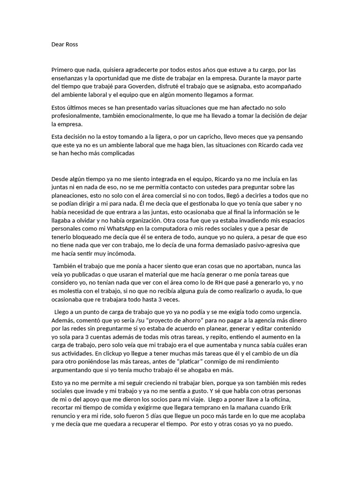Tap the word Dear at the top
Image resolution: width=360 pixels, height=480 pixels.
[x=58, y=45]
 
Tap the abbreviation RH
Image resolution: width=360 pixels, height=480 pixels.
[x=216, y=283]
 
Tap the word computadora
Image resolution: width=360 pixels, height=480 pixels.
[x=176, y=228]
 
